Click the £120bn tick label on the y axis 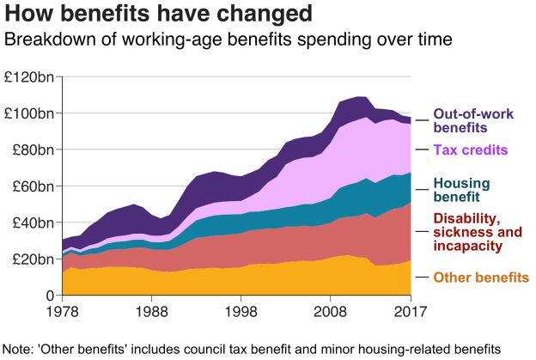(x=30, y=77)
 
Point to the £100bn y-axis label (x=30, y=113)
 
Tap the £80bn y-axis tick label (x=33, y=150)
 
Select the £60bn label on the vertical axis (x=33, y=186)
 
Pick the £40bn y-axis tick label (x=33, y=223)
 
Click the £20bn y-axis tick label (x=33, y=259)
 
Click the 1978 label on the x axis (x=62, y=311)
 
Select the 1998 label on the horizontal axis (x=241, y=311)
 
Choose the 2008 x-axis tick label (x=331, y=311)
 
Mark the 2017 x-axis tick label (x=411, y=311)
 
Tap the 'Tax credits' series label (x=471, y=150)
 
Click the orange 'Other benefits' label (x=481, y=278)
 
